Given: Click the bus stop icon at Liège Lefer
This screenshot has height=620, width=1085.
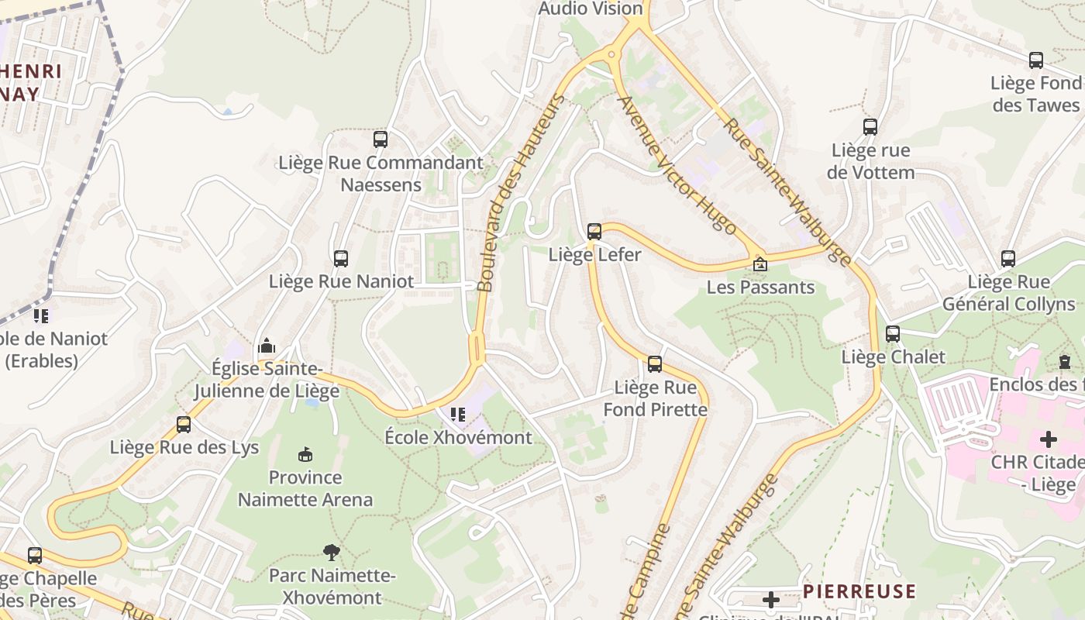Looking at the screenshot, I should coord(594,231).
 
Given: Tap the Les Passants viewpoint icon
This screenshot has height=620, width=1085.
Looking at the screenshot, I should coord(760,264).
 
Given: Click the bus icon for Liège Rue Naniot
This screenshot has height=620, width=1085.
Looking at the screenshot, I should coord(341,258).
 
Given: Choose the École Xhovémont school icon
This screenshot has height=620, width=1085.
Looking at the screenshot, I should coord(458,415).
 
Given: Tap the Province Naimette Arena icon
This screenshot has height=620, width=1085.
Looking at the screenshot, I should coord(305,454).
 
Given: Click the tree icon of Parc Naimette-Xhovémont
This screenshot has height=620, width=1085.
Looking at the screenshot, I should coord(332,552).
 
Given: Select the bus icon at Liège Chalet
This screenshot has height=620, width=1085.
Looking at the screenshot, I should coord(893,334).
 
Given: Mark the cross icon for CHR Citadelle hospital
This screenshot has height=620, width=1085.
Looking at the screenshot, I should coord(1048,439).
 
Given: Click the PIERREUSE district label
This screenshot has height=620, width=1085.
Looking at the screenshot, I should coord(859,591).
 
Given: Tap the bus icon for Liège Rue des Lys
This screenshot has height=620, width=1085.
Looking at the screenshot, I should coord(184,424).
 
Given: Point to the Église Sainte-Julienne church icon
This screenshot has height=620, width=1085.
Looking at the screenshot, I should coord(267,345).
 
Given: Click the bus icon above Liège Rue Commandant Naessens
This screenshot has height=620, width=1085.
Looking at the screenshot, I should coord(380,139).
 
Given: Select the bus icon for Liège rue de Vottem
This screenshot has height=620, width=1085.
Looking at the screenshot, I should coord(870,127).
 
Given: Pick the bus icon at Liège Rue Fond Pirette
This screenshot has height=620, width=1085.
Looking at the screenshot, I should coord(655,363).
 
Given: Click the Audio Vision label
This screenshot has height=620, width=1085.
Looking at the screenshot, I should coord(591,9).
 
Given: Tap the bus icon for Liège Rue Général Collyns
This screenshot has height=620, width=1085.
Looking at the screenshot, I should coord(1007,259).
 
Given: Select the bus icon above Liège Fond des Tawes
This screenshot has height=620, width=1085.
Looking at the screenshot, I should coord(1035,60).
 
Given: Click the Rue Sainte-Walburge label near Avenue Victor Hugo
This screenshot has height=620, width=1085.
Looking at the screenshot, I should coord(787,191).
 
